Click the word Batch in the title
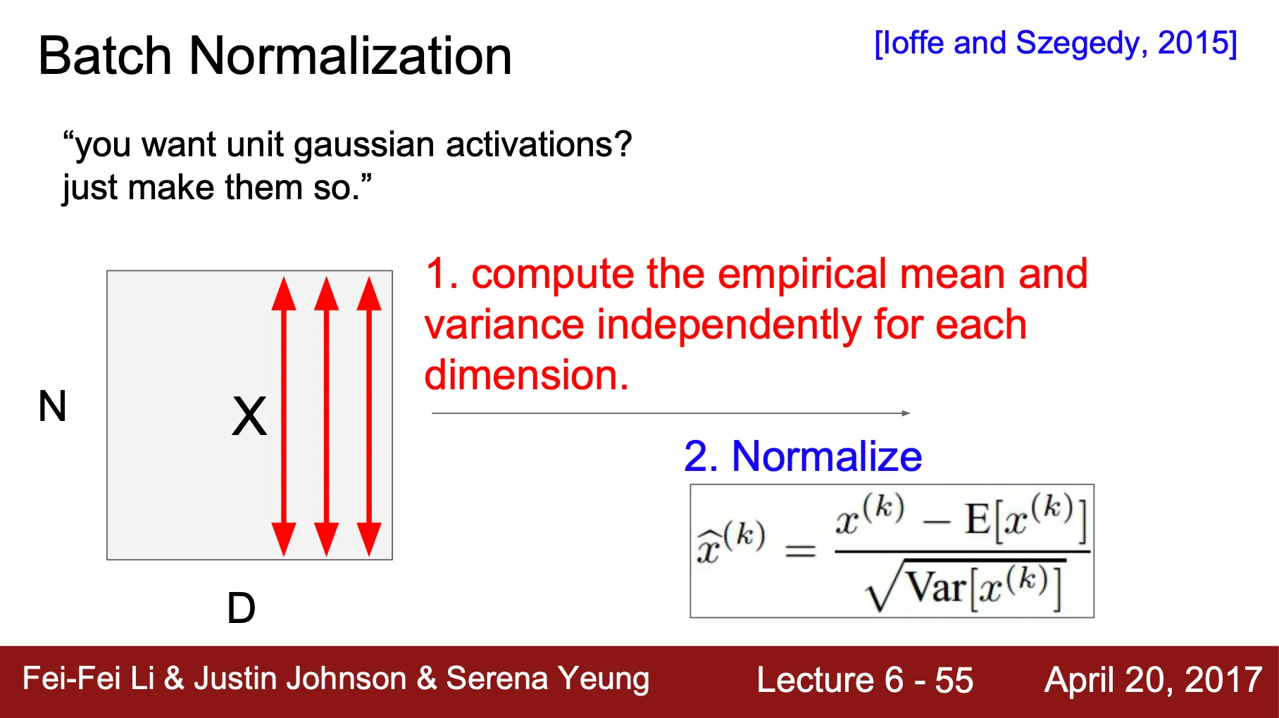point(105,56)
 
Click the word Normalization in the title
point(350,56)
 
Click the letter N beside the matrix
point(52,406)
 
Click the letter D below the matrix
point(241,607)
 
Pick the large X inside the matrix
point(249,416)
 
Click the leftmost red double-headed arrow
point(284,416)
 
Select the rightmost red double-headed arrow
point(369,416)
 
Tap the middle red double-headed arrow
point(326,416)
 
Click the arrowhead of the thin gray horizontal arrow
point(906,413)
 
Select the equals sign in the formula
point(800,550)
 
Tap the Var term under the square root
point(936,586)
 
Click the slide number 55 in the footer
point(954,680)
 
